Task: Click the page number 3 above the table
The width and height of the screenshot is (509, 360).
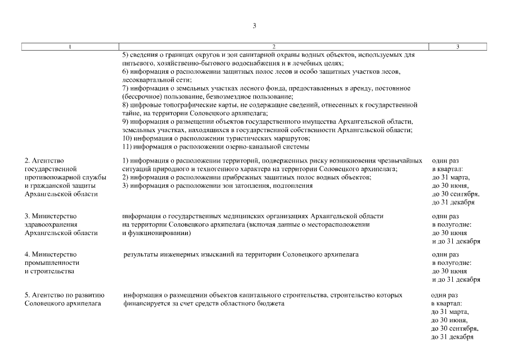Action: point(254,25)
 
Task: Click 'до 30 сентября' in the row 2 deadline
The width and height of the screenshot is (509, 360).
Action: point(456,193)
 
